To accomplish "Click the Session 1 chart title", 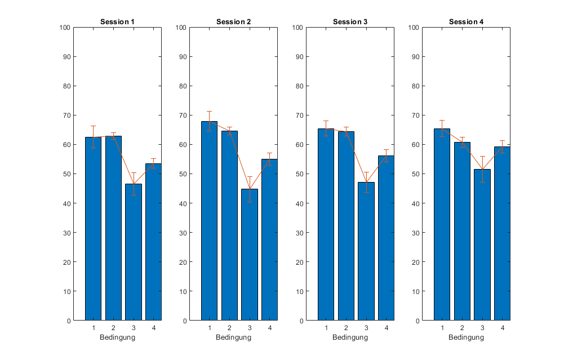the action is tap(117, 22).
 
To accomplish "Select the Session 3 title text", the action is tap(350, 22).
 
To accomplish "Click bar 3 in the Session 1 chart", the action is tap(134, 252).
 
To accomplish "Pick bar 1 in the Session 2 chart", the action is tap(210, 221).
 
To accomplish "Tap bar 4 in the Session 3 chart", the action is tap(386, 238).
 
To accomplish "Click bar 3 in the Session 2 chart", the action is tap(250, 255).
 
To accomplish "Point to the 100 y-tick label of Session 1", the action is tap(65, 28).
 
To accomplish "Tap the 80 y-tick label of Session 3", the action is tap(299, 86).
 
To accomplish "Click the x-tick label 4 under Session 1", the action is tap(154, 328).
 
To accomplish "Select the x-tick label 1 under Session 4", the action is tap(442, 328).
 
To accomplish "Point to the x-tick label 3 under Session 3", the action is tap(366, 328).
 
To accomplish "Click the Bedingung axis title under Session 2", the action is tap(233, 337).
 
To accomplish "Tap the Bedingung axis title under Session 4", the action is tap(466, 337).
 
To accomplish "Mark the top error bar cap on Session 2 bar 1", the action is tap(210, 112).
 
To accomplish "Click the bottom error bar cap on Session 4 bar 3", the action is tap(482, 183).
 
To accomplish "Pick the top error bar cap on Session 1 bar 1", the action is tap(93, 126).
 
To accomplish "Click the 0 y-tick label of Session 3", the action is tap(301, 321).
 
